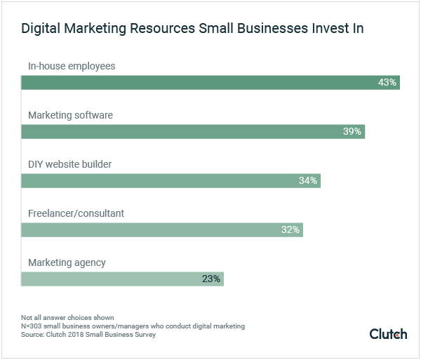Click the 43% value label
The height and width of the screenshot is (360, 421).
pyautogui.click(x=387, y=82)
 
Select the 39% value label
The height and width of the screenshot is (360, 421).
pyautogui.click(x=352, y=131)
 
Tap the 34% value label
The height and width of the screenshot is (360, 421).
pyautogui.click(x=308, y=180)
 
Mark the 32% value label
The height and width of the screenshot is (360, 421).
pyautogui.click(x=290, y=229)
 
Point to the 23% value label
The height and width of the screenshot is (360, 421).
pyautogui.click(x=211, y=279)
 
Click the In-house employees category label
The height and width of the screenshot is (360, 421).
pyautogui.click(x=71, y=66)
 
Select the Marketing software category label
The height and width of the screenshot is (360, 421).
pyautogui.click(x=69, y=115)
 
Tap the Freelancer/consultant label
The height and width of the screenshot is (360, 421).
pyautogui.click(x=76, y=213)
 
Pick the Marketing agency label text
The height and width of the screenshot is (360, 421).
pyautogui.click(x=67, y=262)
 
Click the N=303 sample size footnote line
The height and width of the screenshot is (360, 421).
pyautogui.click(x=133, y=326)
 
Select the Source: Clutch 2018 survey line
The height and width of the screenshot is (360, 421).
pyautogui.click(x=88, y=335)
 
